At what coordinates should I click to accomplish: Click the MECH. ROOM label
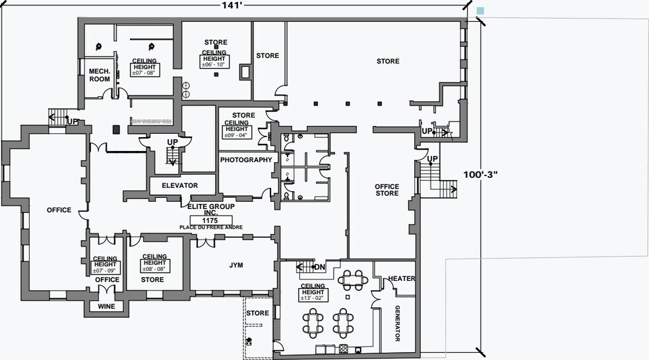[x=100, y=75]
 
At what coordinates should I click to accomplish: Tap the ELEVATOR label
[x=179, y=185]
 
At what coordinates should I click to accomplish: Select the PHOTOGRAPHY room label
[x=246, y=160]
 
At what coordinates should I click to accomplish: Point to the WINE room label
[x=106, y=307]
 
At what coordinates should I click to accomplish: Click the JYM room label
[x=236, y=265]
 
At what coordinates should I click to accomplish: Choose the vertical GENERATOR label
[x=397, y=323]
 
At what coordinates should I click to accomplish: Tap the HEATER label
[x=402, y=278]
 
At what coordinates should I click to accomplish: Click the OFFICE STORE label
[x=387, y=190]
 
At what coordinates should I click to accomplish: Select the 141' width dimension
[x=232, y=5]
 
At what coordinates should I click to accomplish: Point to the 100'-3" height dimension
[x=480, y=174]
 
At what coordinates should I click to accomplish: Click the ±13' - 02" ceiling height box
[x=313, y=295]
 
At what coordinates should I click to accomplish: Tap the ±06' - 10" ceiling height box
[x=214, y=62]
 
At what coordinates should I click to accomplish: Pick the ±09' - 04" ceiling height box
[x=237, y=133]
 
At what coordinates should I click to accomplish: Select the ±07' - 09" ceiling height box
[x=106, y=268]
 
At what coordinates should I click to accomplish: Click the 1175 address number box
[x=210, y=221]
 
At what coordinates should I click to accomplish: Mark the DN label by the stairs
[x=319, y=267]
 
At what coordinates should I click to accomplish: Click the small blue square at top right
[x=480, y=11]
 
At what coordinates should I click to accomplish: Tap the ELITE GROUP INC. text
[x=211, y=210]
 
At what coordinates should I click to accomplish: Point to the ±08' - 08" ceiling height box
[x=155, y=266]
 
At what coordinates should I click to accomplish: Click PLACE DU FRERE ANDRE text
[x=211, y=227]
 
